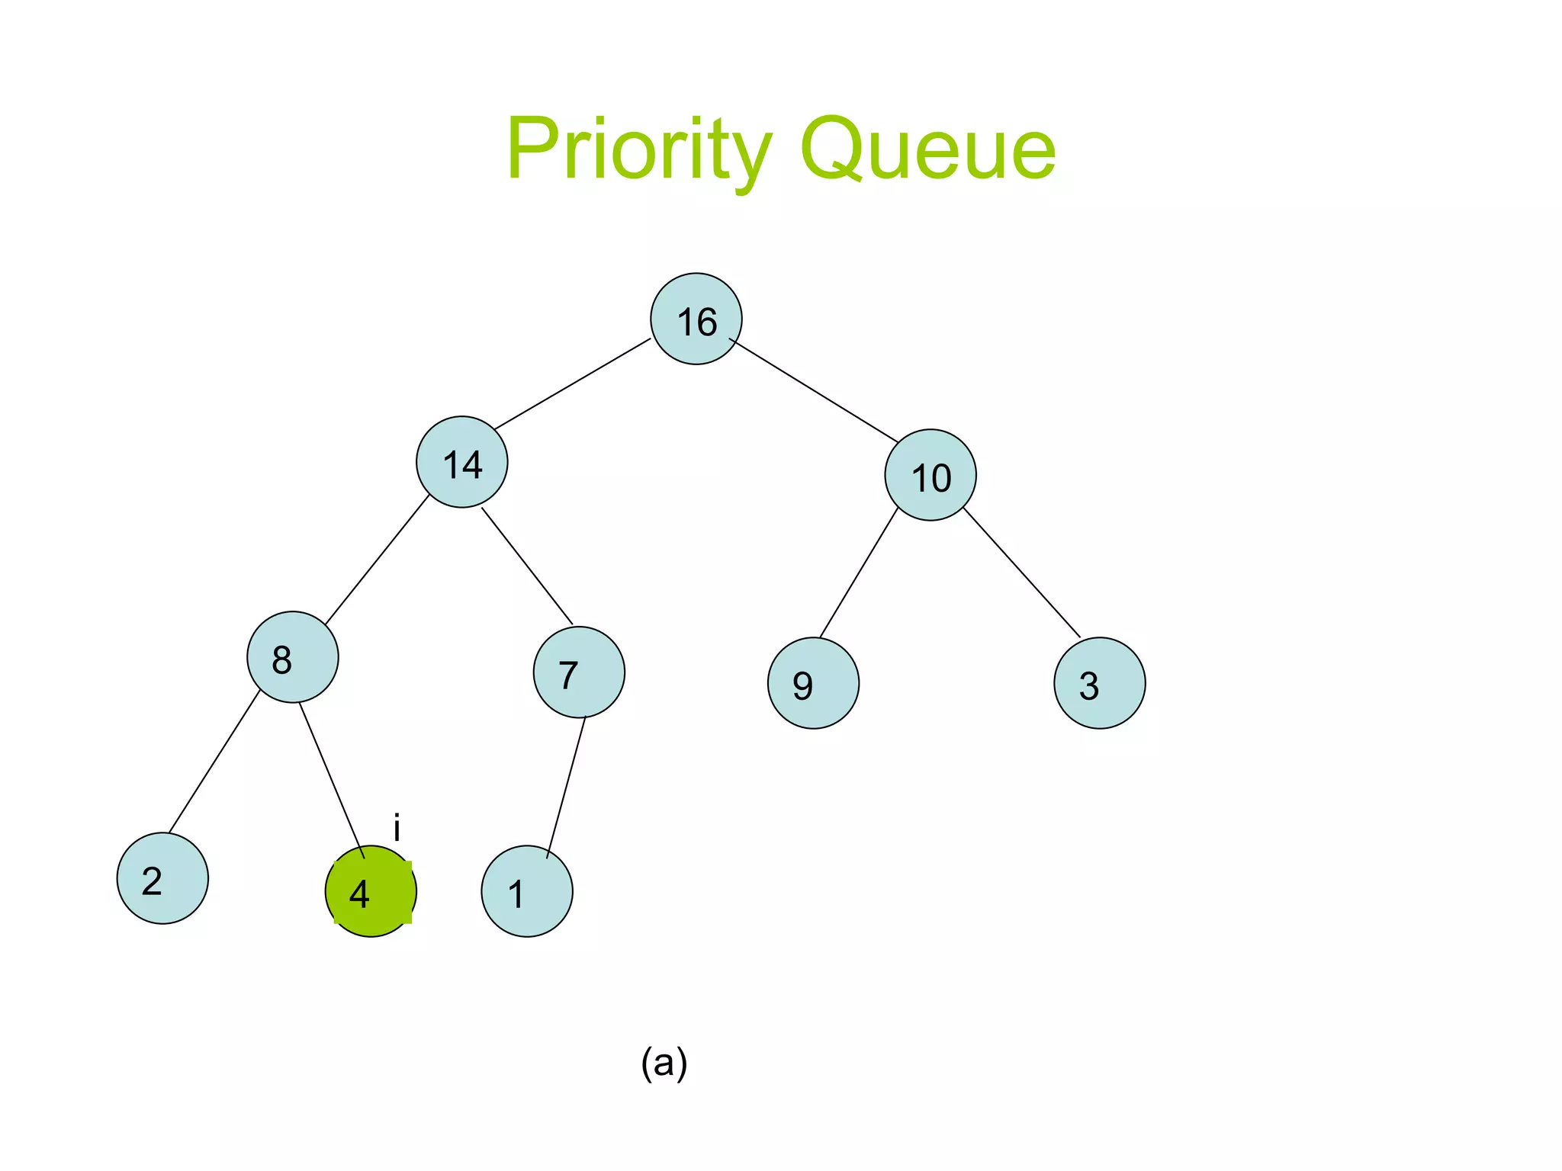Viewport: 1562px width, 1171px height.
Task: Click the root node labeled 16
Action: click(x=696, y=319)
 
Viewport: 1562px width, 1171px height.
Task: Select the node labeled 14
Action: click(x=461, y=462)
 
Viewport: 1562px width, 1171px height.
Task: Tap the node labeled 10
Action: click(x=930, y=476)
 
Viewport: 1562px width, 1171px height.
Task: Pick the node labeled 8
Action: click(x=292, y=657)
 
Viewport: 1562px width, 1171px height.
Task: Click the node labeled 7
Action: click(x=579, y=672)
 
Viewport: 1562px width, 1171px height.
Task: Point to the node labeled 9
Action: click(x=813, y=683)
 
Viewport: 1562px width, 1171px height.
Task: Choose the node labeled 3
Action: click(x=1099, y=683)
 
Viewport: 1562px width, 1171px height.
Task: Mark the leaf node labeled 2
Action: click(x=162, y=878)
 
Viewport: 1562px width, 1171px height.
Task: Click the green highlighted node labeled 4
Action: click(x=371, y=891)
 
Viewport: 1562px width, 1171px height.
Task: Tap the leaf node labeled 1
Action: click(x=527, y=891)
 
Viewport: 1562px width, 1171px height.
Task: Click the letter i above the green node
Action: click(x=397, y=828)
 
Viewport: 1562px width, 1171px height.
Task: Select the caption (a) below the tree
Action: click(x=664, y=1063)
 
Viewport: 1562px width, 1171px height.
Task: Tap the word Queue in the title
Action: click(x=927, y=149)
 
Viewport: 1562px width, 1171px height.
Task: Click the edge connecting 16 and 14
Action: click(x=572, y=383)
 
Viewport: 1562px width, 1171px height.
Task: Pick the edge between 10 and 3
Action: click(x=1022, y=572)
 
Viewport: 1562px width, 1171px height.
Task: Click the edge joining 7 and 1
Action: click(x=566, y=788)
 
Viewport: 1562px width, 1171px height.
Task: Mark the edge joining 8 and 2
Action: click(x=214, y=762)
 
